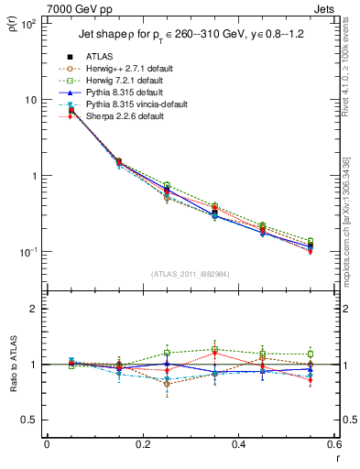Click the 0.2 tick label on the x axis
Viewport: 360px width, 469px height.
(143, 445)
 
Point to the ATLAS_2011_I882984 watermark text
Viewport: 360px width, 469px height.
(190, 273)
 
